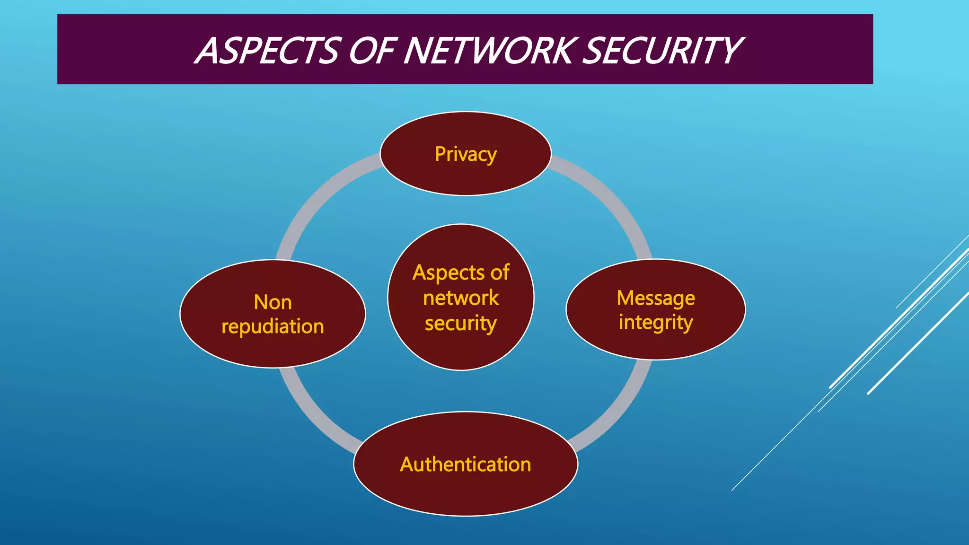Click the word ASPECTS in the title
click(268, 51)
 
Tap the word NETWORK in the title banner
click(490, 51)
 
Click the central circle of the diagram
click(461, 350)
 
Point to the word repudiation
click(273, 326)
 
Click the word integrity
click(655, 323)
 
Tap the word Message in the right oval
click(656, 298)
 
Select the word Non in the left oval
click(273, 302)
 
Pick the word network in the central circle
click(461, 298)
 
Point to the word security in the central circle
click(461, 324)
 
